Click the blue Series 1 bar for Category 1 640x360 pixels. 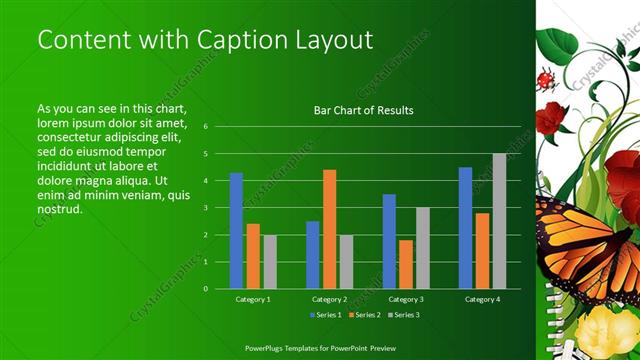236,230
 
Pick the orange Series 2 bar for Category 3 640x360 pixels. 406,264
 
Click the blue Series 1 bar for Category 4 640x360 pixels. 465,227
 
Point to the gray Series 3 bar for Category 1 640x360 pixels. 270,261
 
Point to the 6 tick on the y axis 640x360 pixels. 204,127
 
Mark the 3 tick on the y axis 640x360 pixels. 204,208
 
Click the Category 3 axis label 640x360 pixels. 405,299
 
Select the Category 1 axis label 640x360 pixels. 252,299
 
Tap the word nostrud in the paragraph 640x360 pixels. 58,210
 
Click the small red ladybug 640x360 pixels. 545,78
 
